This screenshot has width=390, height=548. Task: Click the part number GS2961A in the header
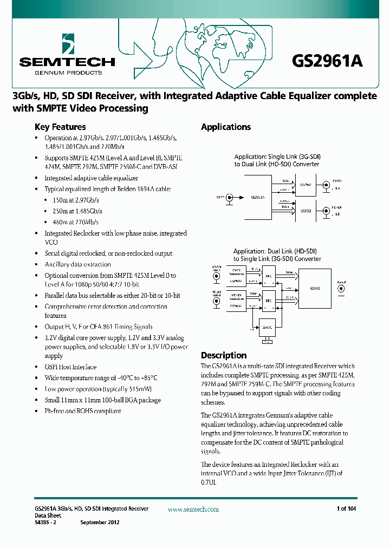click(x=327, y=61)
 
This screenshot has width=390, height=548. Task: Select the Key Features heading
click(x=60, y=127)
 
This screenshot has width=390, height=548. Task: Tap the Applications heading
click(x=225, y=127)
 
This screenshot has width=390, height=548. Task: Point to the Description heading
click(x=224, y=355)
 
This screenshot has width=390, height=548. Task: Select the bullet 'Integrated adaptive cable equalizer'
click(x=91, y=178)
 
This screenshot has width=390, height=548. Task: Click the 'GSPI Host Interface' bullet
click(x=70, y=367)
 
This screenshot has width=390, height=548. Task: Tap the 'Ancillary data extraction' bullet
click(x=77, y=264)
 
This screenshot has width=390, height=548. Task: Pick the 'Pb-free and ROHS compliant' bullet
click(x=82, y=411)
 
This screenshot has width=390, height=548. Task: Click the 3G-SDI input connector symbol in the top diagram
click(x=229, y=198)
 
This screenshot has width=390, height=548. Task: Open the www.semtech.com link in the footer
click(x=193, y=509)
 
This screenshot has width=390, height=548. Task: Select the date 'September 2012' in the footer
click(x=100, y=522)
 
